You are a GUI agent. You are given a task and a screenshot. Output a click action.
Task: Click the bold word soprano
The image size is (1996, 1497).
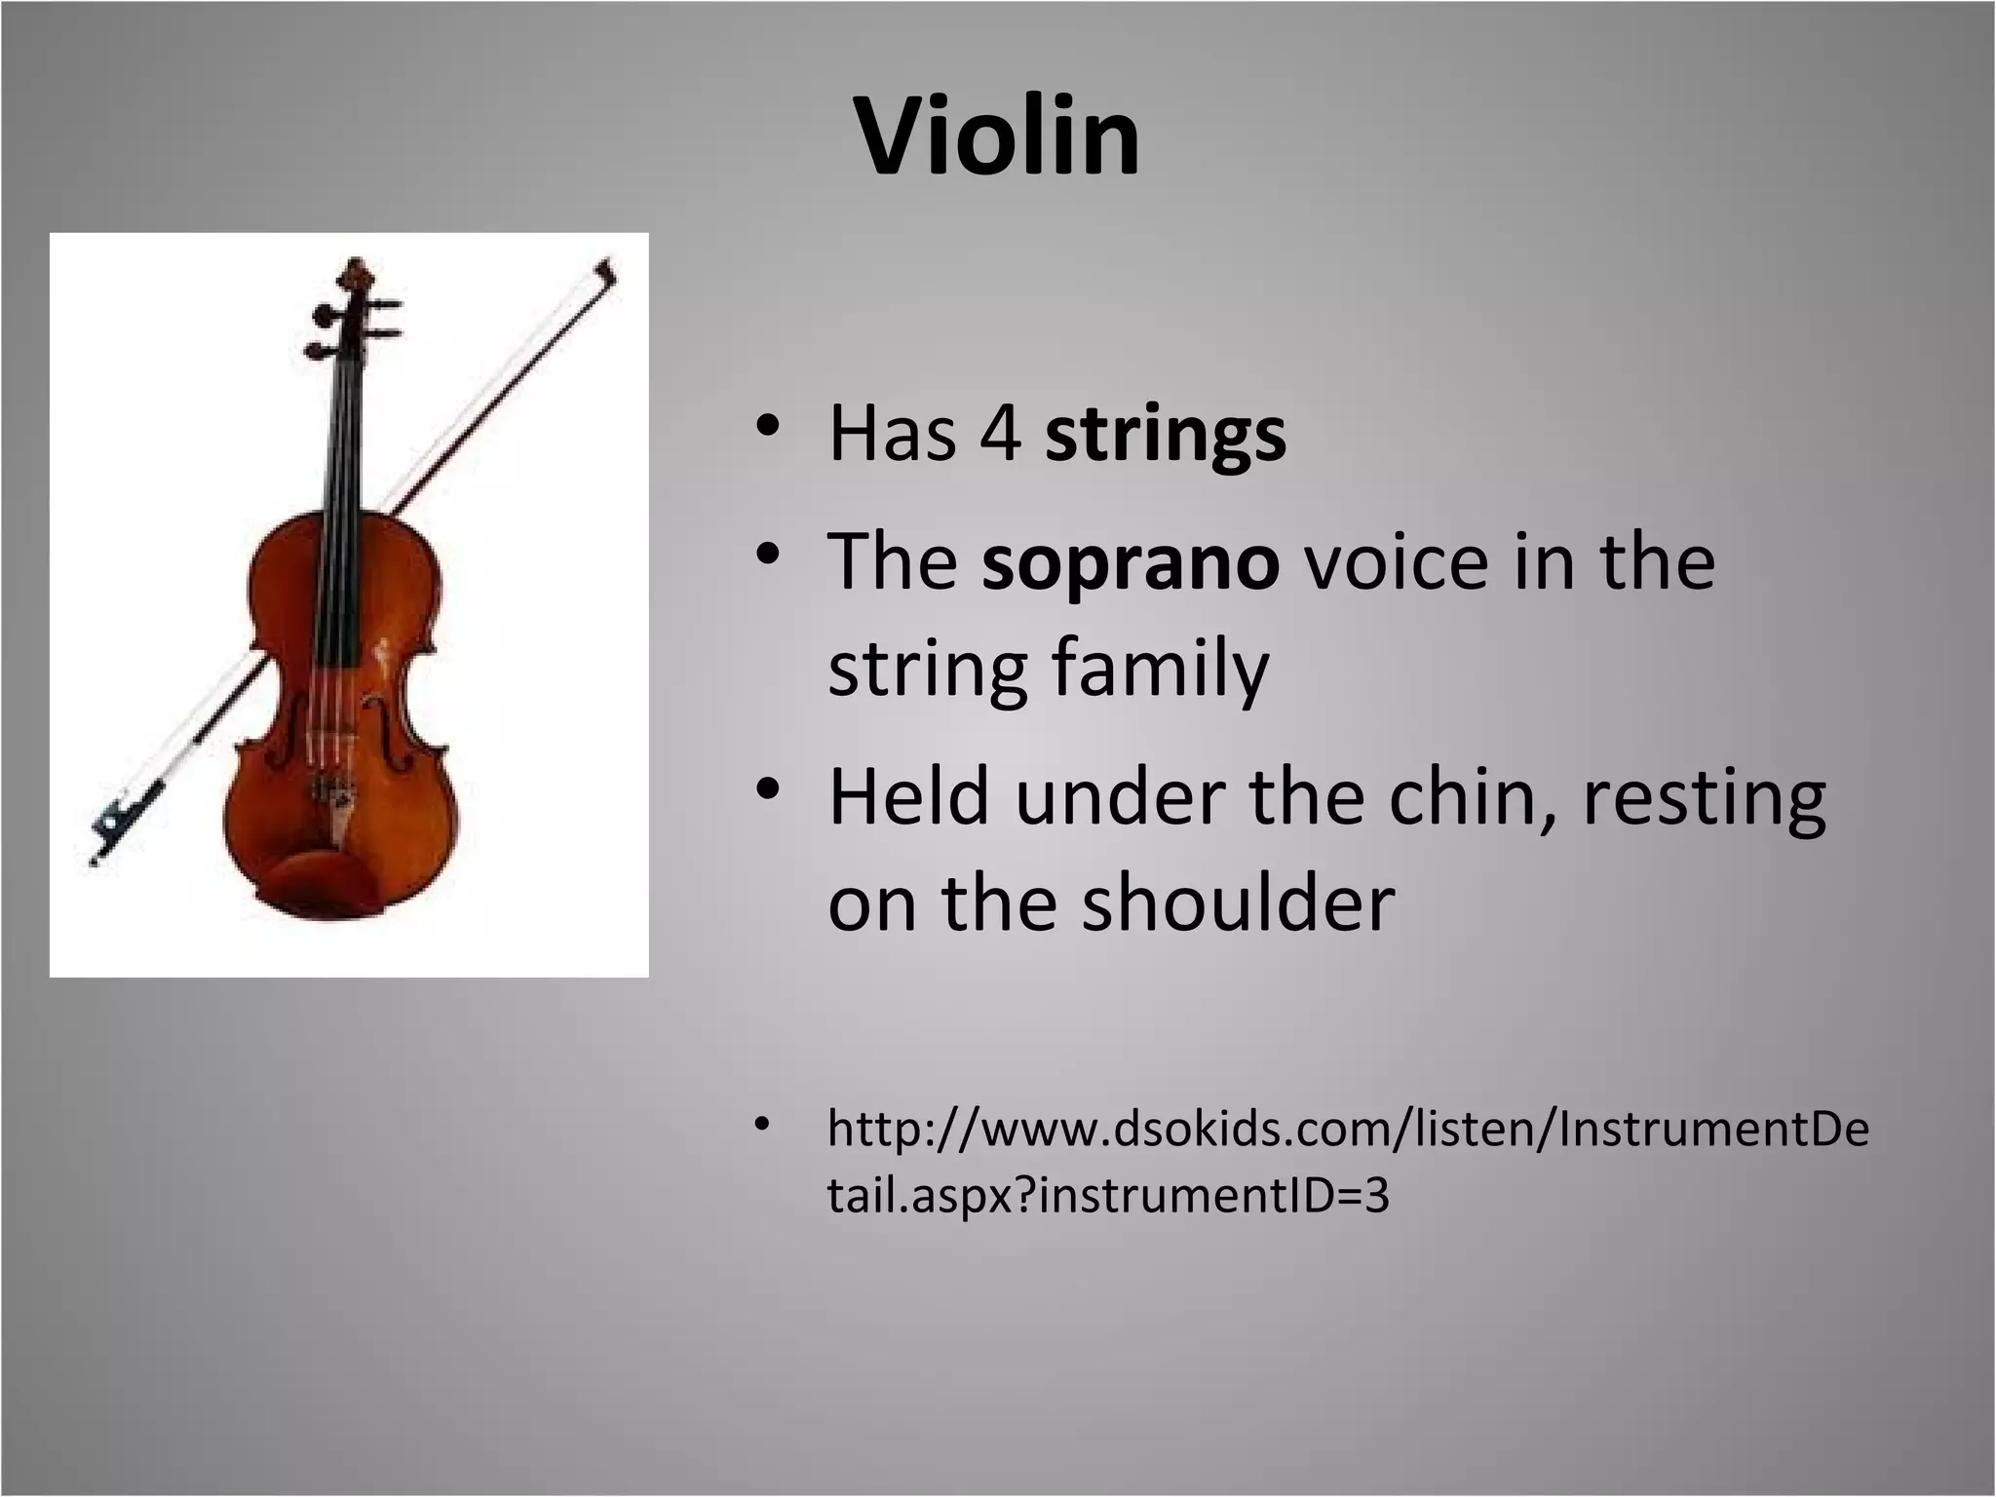1130,563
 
